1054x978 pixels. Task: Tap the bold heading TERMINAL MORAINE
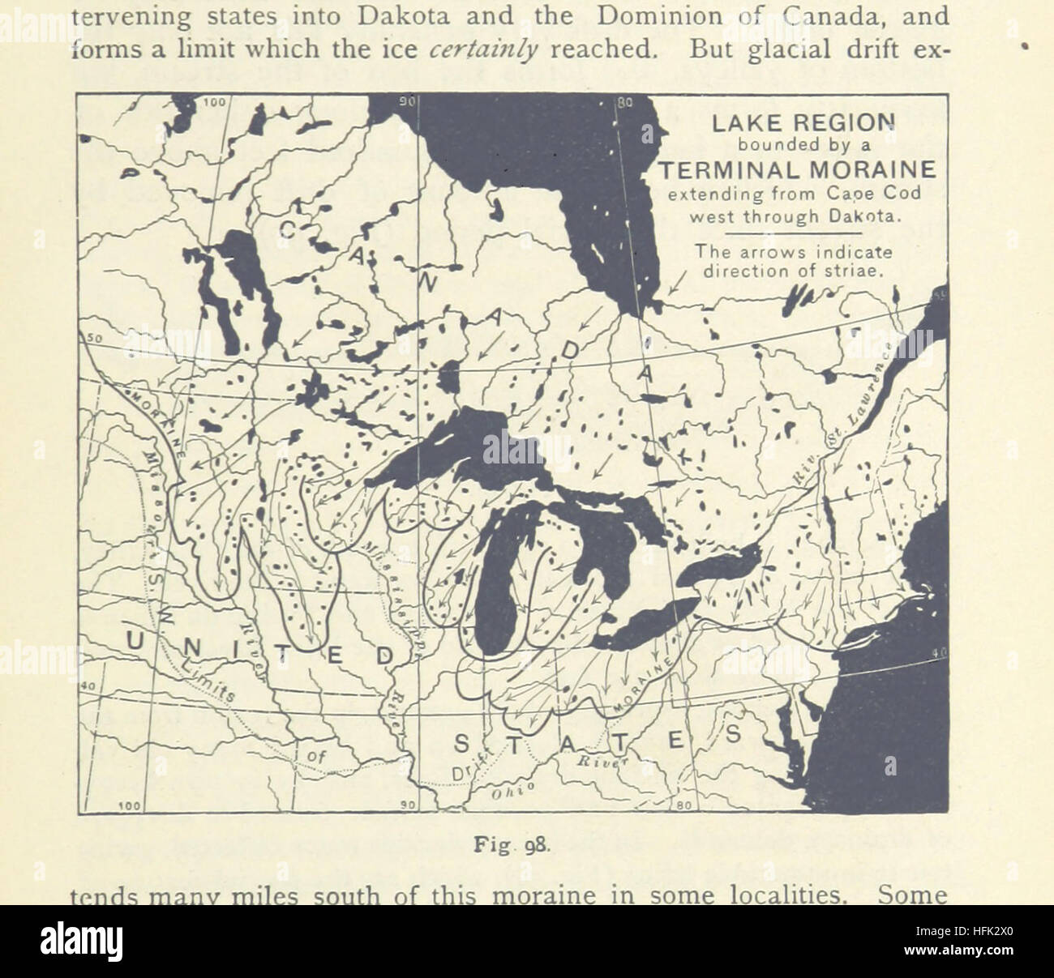click(795, 170)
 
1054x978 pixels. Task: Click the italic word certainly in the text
click(484, 49)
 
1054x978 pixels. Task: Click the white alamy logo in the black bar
click(81, 942)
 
